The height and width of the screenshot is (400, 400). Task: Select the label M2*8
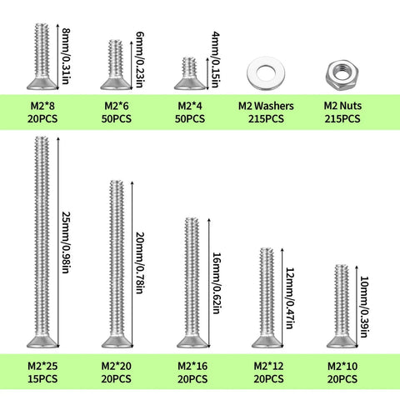tap(42, 106)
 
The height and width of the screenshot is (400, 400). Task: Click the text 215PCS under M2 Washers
tap(266, 119)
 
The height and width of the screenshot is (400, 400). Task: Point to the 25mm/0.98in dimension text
tap(66, 242)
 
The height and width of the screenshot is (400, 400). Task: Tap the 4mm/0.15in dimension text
tap(216, 60)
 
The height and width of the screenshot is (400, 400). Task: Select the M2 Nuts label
tap(342, 106)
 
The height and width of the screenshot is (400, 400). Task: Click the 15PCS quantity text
tap(42, 379)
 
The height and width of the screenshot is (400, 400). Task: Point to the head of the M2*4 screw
tap(190, 83)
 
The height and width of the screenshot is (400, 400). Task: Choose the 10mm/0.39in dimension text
tap(364, 307)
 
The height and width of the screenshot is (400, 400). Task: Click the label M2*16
tap(192, 366)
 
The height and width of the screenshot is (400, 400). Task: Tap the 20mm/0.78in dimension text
tap(140, 262)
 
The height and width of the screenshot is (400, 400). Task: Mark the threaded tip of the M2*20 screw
tap(117, 183)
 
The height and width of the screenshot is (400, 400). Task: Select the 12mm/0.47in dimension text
tap(290, 298)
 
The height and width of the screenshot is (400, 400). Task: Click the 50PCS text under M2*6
tap(117, 119)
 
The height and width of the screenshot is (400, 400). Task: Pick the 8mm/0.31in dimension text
tap(66, 57)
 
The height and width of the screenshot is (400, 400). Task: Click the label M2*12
tap(268, 366)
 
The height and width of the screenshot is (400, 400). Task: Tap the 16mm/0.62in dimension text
tap(217, 283)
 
